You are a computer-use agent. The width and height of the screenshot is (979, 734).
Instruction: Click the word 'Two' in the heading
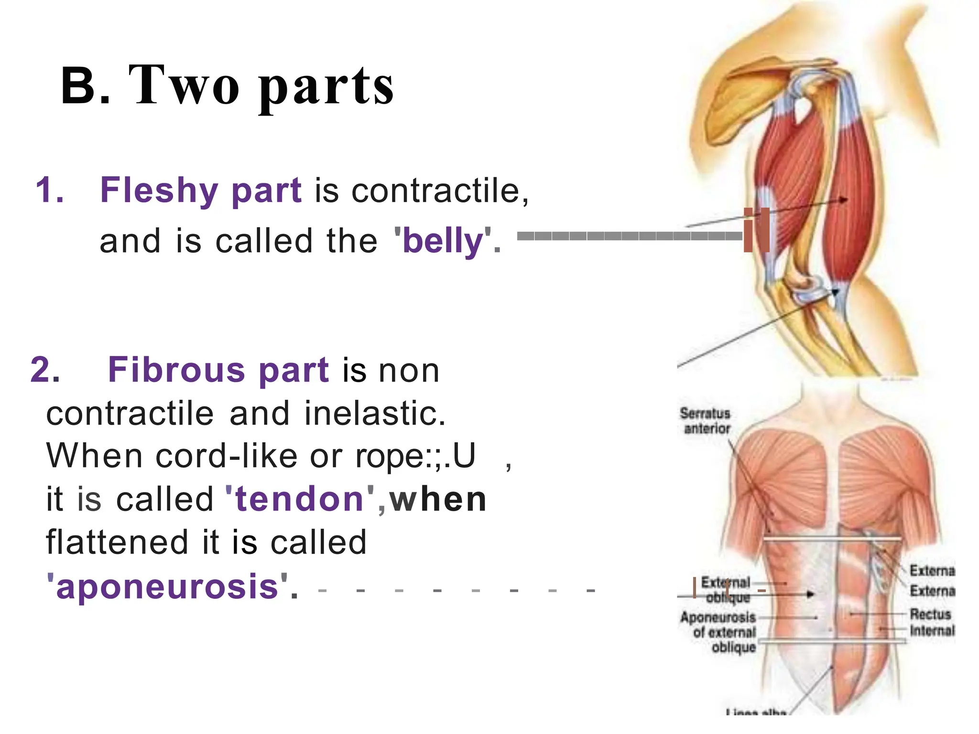pos(184,86)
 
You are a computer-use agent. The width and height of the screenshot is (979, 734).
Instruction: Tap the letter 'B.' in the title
pos(86,86)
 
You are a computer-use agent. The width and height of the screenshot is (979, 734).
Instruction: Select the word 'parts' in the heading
pos(326,88)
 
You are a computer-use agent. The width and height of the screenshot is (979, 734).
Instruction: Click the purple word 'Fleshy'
pos(159,190)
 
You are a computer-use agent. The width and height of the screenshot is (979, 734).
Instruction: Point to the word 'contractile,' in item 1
pos(440,191)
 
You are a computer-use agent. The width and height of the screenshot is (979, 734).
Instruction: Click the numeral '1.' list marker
pos(50,190)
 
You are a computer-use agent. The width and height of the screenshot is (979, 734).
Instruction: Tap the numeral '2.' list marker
pos(45,370)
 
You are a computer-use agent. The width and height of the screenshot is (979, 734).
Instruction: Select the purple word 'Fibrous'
pos(176,370)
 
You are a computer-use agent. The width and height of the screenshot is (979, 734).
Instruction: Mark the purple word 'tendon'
pos(299,500)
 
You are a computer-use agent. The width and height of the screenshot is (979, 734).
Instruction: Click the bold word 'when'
pos(438,500)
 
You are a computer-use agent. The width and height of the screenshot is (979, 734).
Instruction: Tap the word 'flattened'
pos(117,543)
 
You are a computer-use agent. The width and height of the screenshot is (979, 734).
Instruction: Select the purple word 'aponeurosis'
pos(167,586)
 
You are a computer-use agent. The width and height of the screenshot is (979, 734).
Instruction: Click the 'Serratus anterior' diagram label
pos(706,421)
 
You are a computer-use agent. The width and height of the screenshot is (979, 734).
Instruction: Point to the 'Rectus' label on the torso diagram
pos(930,614)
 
